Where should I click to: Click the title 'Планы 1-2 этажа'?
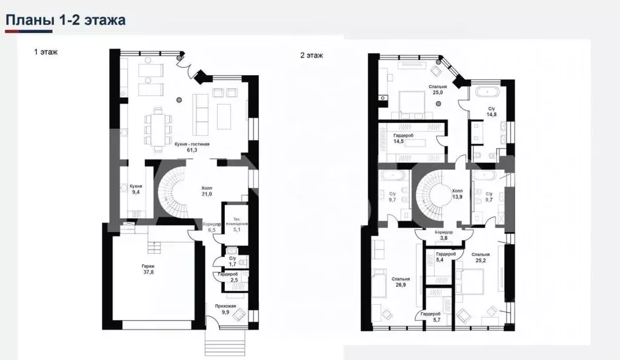[x=65, y=20]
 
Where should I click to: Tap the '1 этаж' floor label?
[x=45, y=53]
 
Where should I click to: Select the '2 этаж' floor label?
[x=312, y=55]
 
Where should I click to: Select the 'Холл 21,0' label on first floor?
[x=206, y=191]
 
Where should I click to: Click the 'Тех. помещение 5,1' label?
[x=233, y=224]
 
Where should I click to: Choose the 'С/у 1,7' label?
[x=232, y=262]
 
